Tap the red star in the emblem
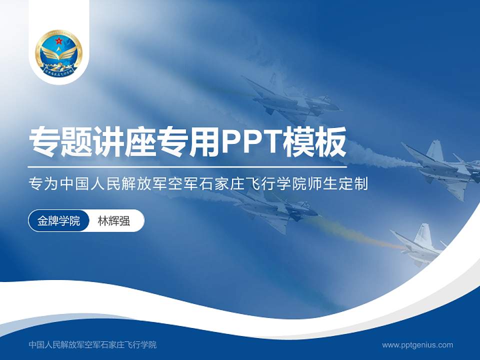click(x=59, y=40)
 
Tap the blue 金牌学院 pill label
click(x=59, y=220)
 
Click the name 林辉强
click(x=113, y=220)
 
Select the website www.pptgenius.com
click(x=417, y=344)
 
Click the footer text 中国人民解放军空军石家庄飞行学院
click(x=93, y=344)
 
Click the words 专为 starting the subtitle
click(x=42, y=184)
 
